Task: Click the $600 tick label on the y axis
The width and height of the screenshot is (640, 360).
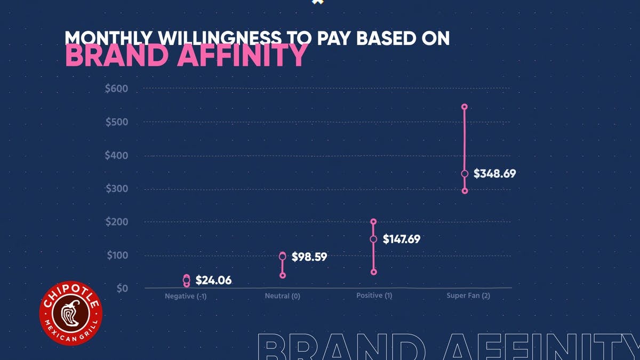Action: pyautogui.click(x=116, y=89)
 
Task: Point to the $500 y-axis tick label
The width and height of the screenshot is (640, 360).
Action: pyautogui.click(x=116, y=122)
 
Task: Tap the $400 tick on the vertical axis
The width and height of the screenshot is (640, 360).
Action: pyautogui.click(x=116, y=156)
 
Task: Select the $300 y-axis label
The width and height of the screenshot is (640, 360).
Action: pyautogui.click(x=116, y=189)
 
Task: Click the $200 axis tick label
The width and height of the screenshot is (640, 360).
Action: pyautogui.click(x=116, y=222)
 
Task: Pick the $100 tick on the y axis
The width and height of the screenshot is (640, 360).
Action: pyautogui.click(x=116, y=255)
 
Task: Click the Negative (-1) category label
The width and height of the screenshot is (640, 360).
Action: pyautogui.click(x=186, y=297)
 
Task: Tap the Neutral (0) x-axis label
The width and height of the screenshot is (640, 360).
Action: pyautogui.click(x=283, y=296)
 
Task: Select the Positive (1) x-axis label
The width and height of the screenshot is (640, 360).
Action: pyautogui.click(x=374, y=295)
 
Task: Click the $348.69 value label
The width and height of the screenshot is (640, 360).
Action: pyautogui.click(x=494, y=173)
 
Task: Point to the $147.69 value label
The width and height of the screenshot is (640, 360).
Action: pyautogui.click(x=401, y=239)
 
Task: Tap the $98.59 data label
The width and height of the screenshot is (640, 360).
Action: pyautogui.click(x=309, y=257)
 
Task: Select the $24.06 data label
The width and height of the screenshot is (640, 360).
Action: pyautogui.click(x=213, y=280)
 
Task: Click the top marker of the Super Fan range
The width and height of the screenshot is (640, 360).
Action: pyautogui.click(x=465, y=107)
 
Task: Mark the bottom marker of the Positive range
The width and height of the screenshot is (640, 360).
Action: pyautogui.click(x=374, y=272)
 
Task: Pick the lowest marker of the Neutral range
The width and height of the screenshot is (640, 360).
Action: pyautogui.click(x=283, y=275)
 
